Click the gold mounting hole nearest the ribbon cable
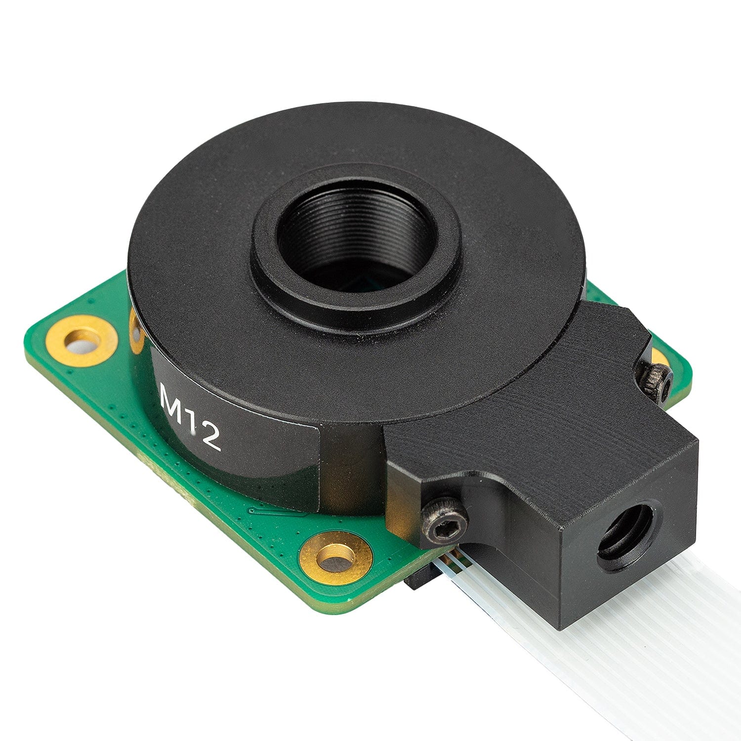point(336,560)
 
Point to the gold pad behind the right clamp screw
point(658,357)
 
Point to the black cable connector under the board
point(420,580)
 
